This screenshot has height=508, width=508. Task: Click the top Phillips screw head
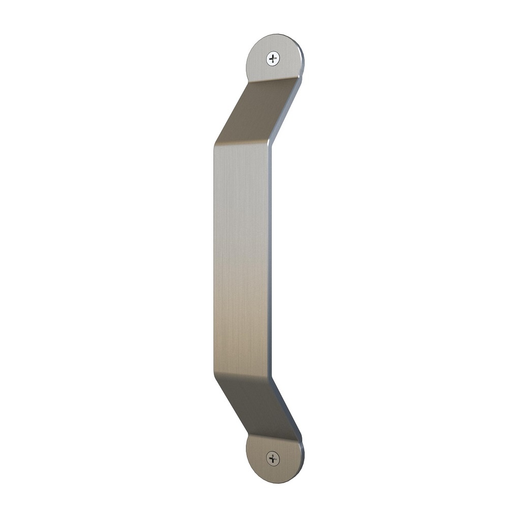coord(273,58)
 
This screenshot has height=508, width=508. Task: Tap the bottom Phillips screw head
coord(273,459)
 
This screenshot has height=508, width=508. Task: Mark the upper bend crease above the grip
coord(242,143)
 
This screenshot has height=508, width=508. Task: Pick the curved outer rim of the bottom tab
coord(300,470)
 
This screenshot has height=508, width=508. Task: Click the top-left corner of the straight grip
coord(215,146)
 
